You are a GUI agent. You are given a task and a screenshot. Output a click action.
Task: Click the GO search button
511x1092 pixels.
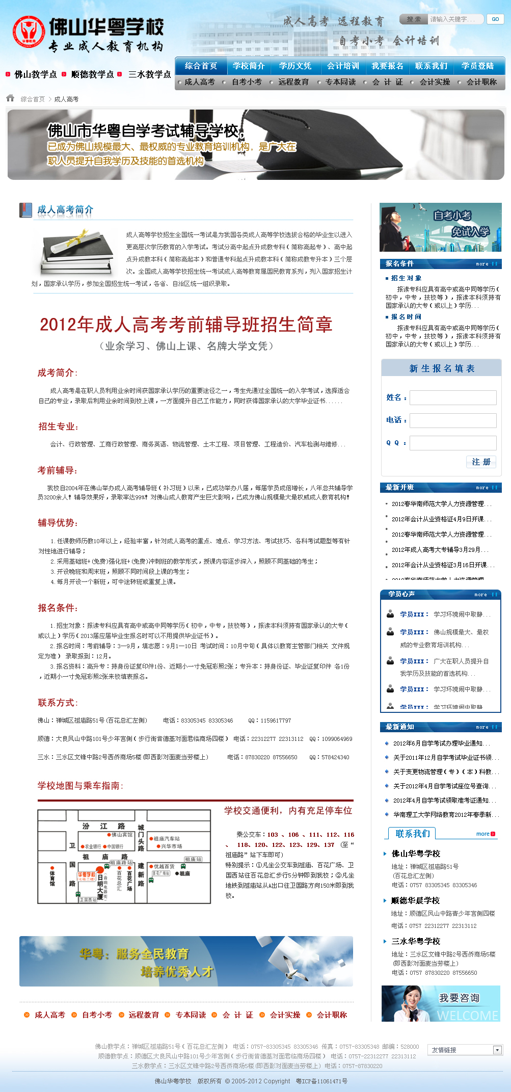(495, 19)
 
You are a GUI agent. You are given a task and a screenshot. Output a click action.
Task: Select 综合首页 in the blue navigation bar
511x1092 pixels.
(201, 66)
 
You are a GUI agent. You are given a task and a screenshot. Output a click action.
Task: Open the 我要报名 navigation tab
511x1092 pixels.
(387, 66)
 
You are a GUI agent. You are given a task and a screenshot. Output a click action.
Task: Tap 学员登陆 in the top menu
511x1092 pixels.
(477, 66)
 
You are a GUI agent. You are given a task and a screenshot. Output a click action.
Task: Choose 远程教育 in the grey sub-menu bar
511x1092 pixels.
(293, 82)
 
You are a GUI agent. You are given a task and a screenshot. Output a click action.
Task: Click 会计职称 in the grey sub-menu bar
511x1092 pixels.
(481, 82)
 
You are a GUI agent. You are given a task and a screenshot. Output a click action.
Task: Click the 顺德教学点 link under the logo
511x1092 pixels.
(92, 74)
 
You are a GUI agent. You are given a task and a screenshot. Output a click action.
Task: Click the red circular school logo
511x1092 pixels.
(29, 32)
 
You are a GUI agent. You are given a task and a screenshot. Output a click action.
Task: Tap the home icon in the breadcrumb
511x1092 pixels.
(10, 98)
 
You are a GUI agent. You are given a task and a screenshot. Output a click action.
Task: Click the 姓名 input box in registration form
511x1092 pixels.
(452, 397)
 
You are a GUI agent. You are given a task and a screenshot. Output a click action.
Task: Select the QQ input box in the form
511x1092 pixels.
(452, 443)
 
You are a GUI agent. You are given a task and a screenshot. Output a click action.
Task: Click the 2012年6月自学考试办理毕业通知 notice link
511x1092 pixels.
(441, 743)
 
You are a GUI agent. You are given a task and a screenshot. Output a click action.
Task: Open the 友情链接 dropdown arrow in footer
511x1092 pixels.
(497, 1050)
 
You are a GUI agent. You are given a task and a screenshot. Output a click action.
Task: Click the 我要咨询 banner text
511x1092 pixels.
(459, 998)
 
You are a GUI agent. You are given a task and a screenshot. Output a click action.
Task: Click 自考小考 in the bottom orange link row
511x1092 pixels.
(97, 1015)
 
